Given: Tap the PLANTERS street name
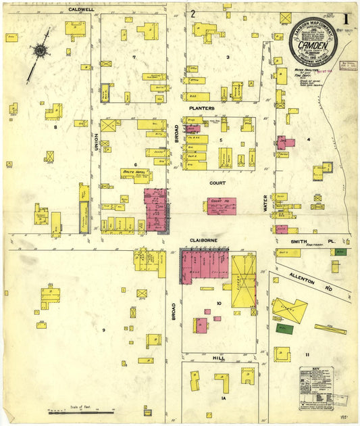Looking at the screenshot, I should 202,108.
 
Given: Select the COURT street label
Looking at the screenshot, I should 217,183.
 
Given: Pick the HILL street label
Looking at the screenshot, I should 217,358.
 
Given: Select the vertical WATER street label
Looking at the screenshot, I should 266,204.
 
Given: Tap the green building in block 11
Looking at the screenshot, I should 284,329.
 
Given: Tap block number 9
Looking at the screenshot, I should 104,330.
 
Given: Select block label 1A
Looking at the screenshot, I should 222,399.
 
